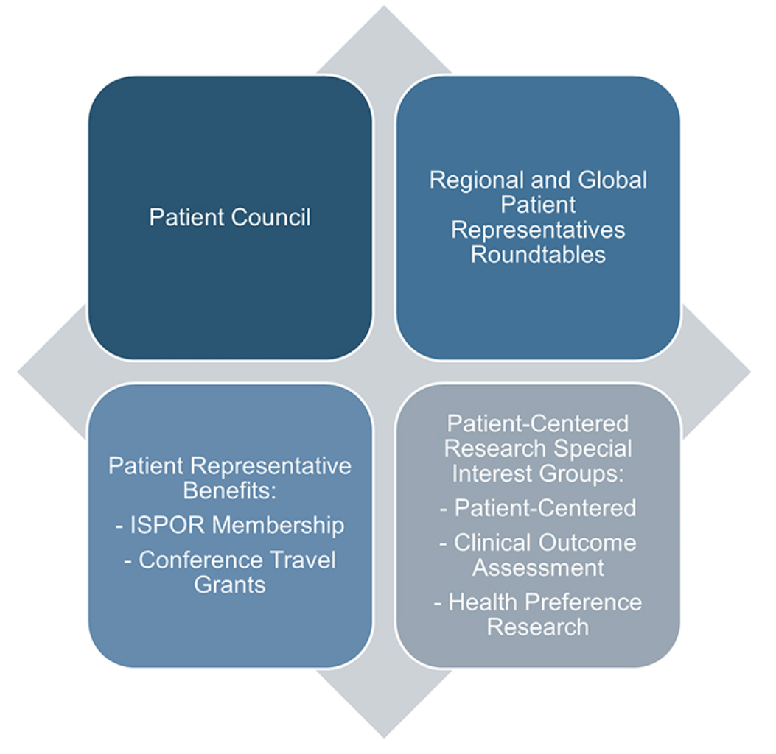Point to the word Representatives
coord(538,230)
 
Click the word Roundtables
coord(538,255)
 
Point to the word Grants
coord(230,585)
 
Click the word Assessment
coord(538,568)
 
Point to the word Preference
coord(583,602)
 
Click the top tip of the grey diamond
coord(384,7)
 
